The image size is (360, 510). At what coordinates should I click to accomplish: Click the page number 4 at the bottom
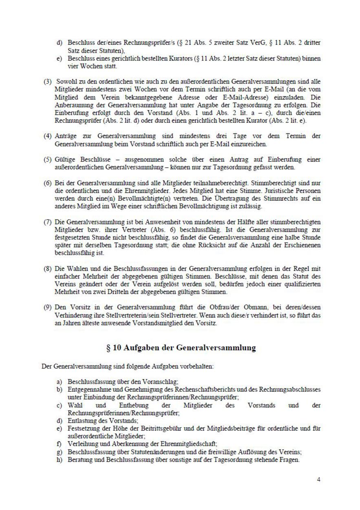click(318, 480)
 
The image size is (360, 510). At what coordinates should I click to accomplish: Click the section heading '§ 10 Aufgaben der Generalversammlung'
click(181, 348)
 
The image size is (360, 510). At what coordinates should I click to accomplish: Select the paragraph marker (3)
click(47, 81)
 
